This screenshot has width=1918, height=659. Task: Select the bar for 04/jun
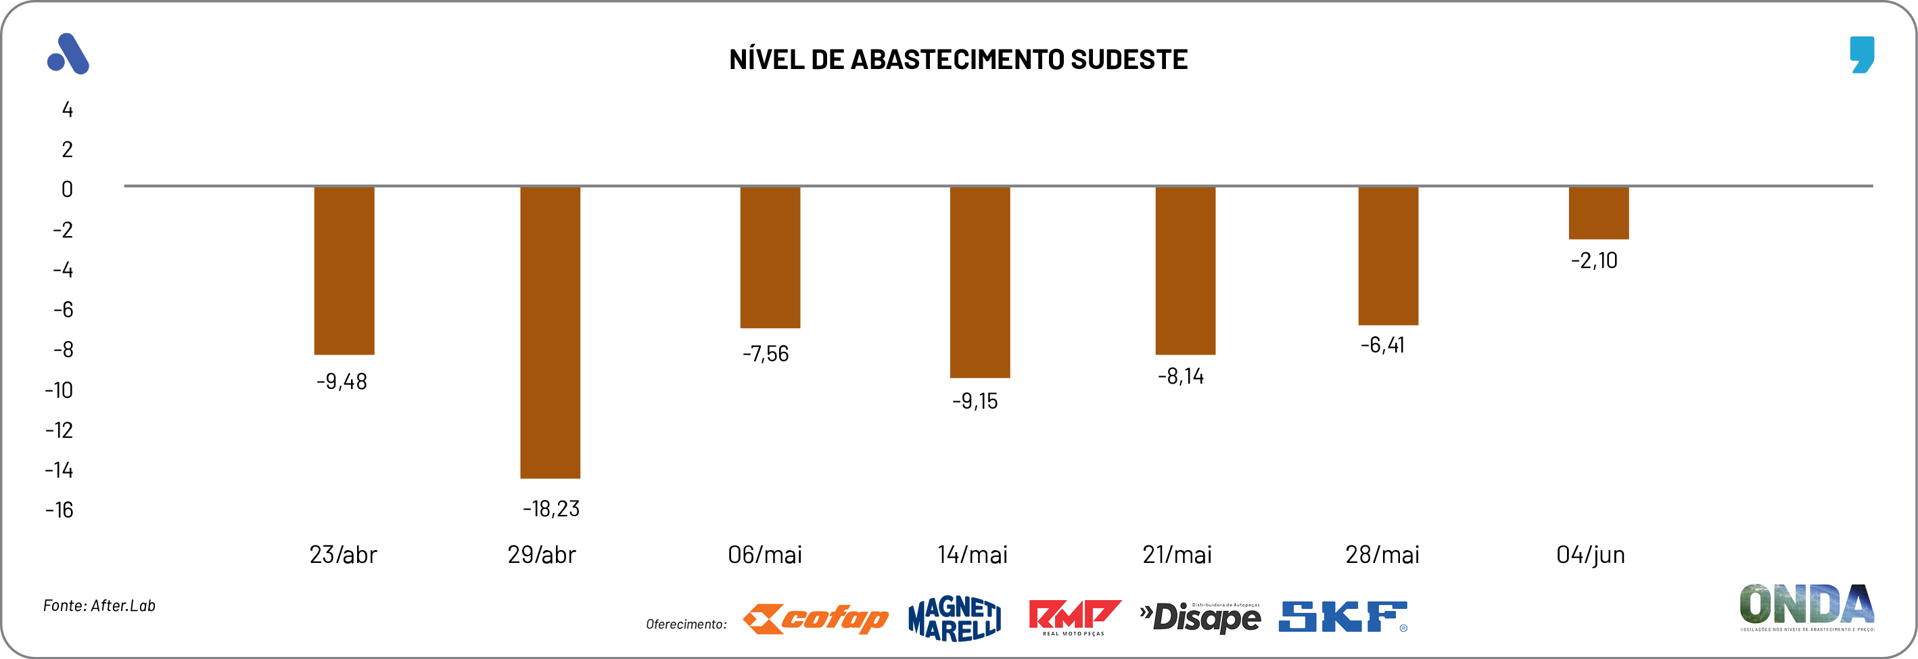[x=1598, y=213]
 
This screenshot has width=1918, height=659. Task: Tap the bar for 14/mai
[x=979, y=282]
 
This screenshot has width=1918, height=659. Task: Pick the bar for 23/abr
[x=344, y=271]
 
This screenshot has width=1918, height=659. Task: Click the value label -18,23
[x=551, y=509]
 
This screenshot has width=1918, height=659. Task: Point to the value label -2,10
[x=1594, y=260]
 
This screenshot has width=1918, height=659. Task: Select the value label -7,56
[x=766, y=354]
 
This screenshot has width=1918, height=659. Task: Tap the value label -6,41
[x=1382, y=345]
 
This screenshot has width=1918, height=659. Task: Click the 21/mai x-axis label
[x=1177, y=555]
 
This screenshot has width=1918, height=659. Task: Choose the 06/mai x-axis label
[x=765, y=555]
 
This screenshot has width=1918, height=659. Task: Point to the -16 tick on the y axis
[x=60, y=510]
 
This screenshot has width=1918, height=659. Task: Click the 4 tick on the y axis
[x=68, y=110]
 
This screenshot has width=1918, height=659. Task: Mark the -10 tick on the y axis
[x=60, y=390]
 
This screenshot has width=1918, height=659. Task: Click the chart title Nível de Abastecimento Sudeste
[x=958, y=60]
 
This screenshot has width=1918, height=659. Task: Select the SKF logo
[x=1342, y=617]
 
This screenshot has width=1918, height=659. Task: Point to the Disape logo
[x=1200, y=617]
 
